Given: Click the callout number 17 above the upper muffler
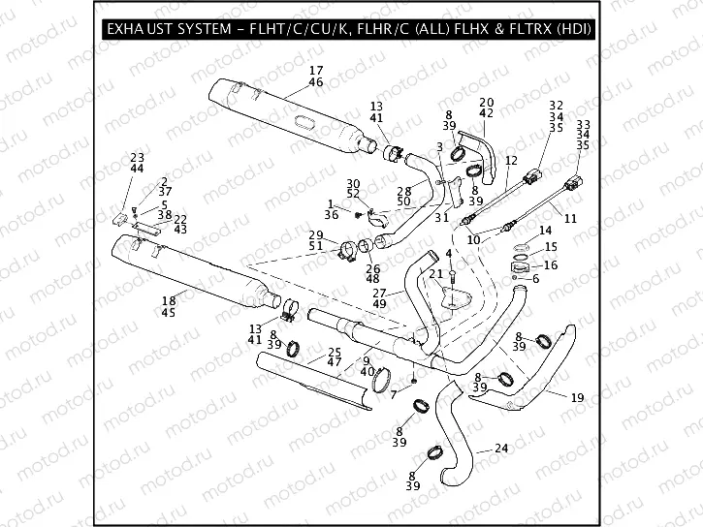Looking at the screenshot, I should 315,71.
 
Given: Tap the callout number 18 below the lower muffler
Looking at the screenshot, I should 169,301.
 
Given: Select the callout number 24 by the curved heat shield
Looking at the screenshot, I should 500,448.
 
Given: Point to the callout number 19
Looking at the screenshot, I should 577,397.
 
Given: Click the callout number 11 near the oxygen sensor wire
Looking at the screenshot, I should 569,219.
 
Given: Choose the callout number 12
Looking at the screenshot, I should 511,160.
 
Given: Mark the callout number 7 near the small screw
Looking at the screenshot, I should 393,394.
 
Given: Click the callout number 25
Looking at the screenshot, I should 334,351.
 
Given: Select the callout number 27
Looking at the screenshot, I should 379,293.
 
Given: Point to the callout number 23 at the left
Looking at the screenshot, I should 137,157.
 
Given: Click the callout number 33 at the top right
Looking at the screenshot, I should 583,125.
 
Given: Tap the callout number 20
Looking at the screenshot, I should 486,102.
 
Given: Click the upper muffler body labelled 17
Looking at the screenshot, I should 291,111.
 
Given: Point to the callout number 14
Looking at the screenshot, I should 545,231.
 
